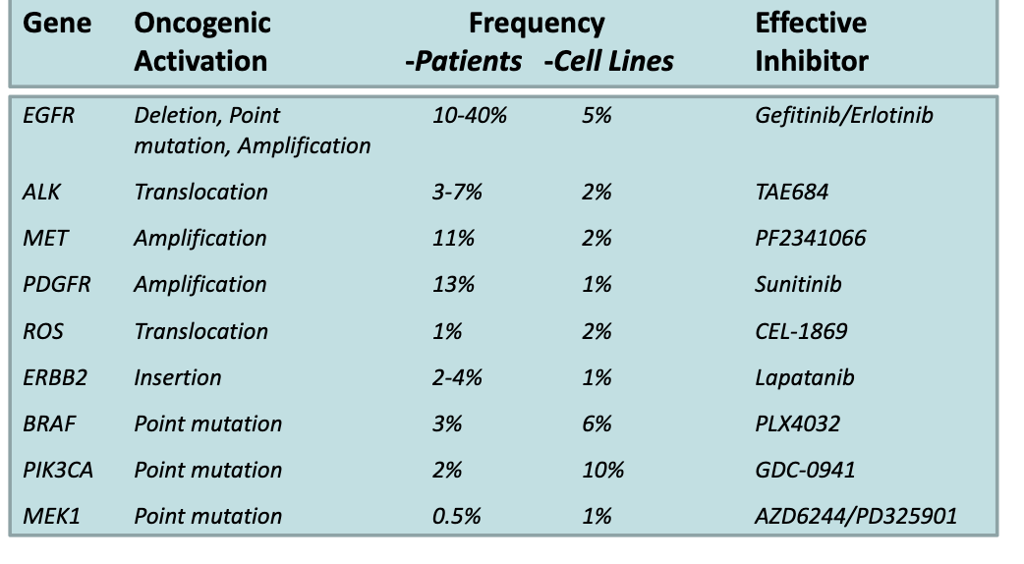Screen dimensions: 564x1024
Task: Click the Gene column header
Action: click(x=57, y=24)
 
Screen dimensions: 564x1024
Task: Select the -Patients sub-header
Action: click(x=463, y=61)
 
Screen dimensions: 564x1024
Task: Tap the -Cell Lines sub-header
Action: click(x=608, y=61)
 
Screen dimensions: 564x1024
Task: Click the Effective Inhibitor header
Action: click(x=812, y=42)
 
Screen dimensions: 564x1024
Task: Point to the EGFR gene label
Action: click(x=48, y=116)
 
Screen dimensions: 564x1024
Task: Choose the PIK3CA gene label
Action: click(x=58, y=470)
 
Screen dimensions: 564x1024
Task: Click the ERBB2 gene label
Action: click(x=54, y=377)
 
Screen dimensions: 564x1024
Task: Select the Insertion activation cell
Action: click(x=178, y=377)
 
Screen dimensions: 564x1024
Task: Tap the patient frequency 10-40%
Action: click(x=470, y=116)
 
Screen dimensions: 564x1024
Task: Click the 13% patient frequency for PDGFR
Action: click(x=453, y=285)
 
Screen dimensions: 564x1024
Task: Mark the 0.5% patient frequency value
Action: click(x=456, y=516)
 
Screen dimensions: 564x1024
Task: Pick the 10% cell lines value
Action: click(x=602, y=470)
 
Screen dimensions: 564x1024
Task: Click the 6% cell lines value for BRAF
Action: click(x=597, y=423)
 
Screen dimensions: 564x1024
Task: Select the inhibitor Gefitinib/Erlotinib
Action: click(x=844, y=116)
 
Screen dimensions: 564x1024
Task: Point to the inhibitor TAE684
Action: click(x=791, y=192)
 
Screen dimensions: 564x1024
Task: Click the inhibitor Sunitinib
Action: click(x=798, y=285)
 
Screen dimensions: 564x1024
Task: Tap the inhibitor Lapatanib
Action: click(x=805, y=377)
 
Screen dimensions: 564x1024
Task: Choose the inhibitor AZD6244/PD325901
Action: click(x=856, y=516)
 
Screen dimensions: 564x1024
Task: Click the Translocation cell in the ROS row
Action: click(x=200, y=331)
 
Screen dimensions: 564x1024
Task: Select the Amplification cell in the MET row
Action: click(x=200, y=238)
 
